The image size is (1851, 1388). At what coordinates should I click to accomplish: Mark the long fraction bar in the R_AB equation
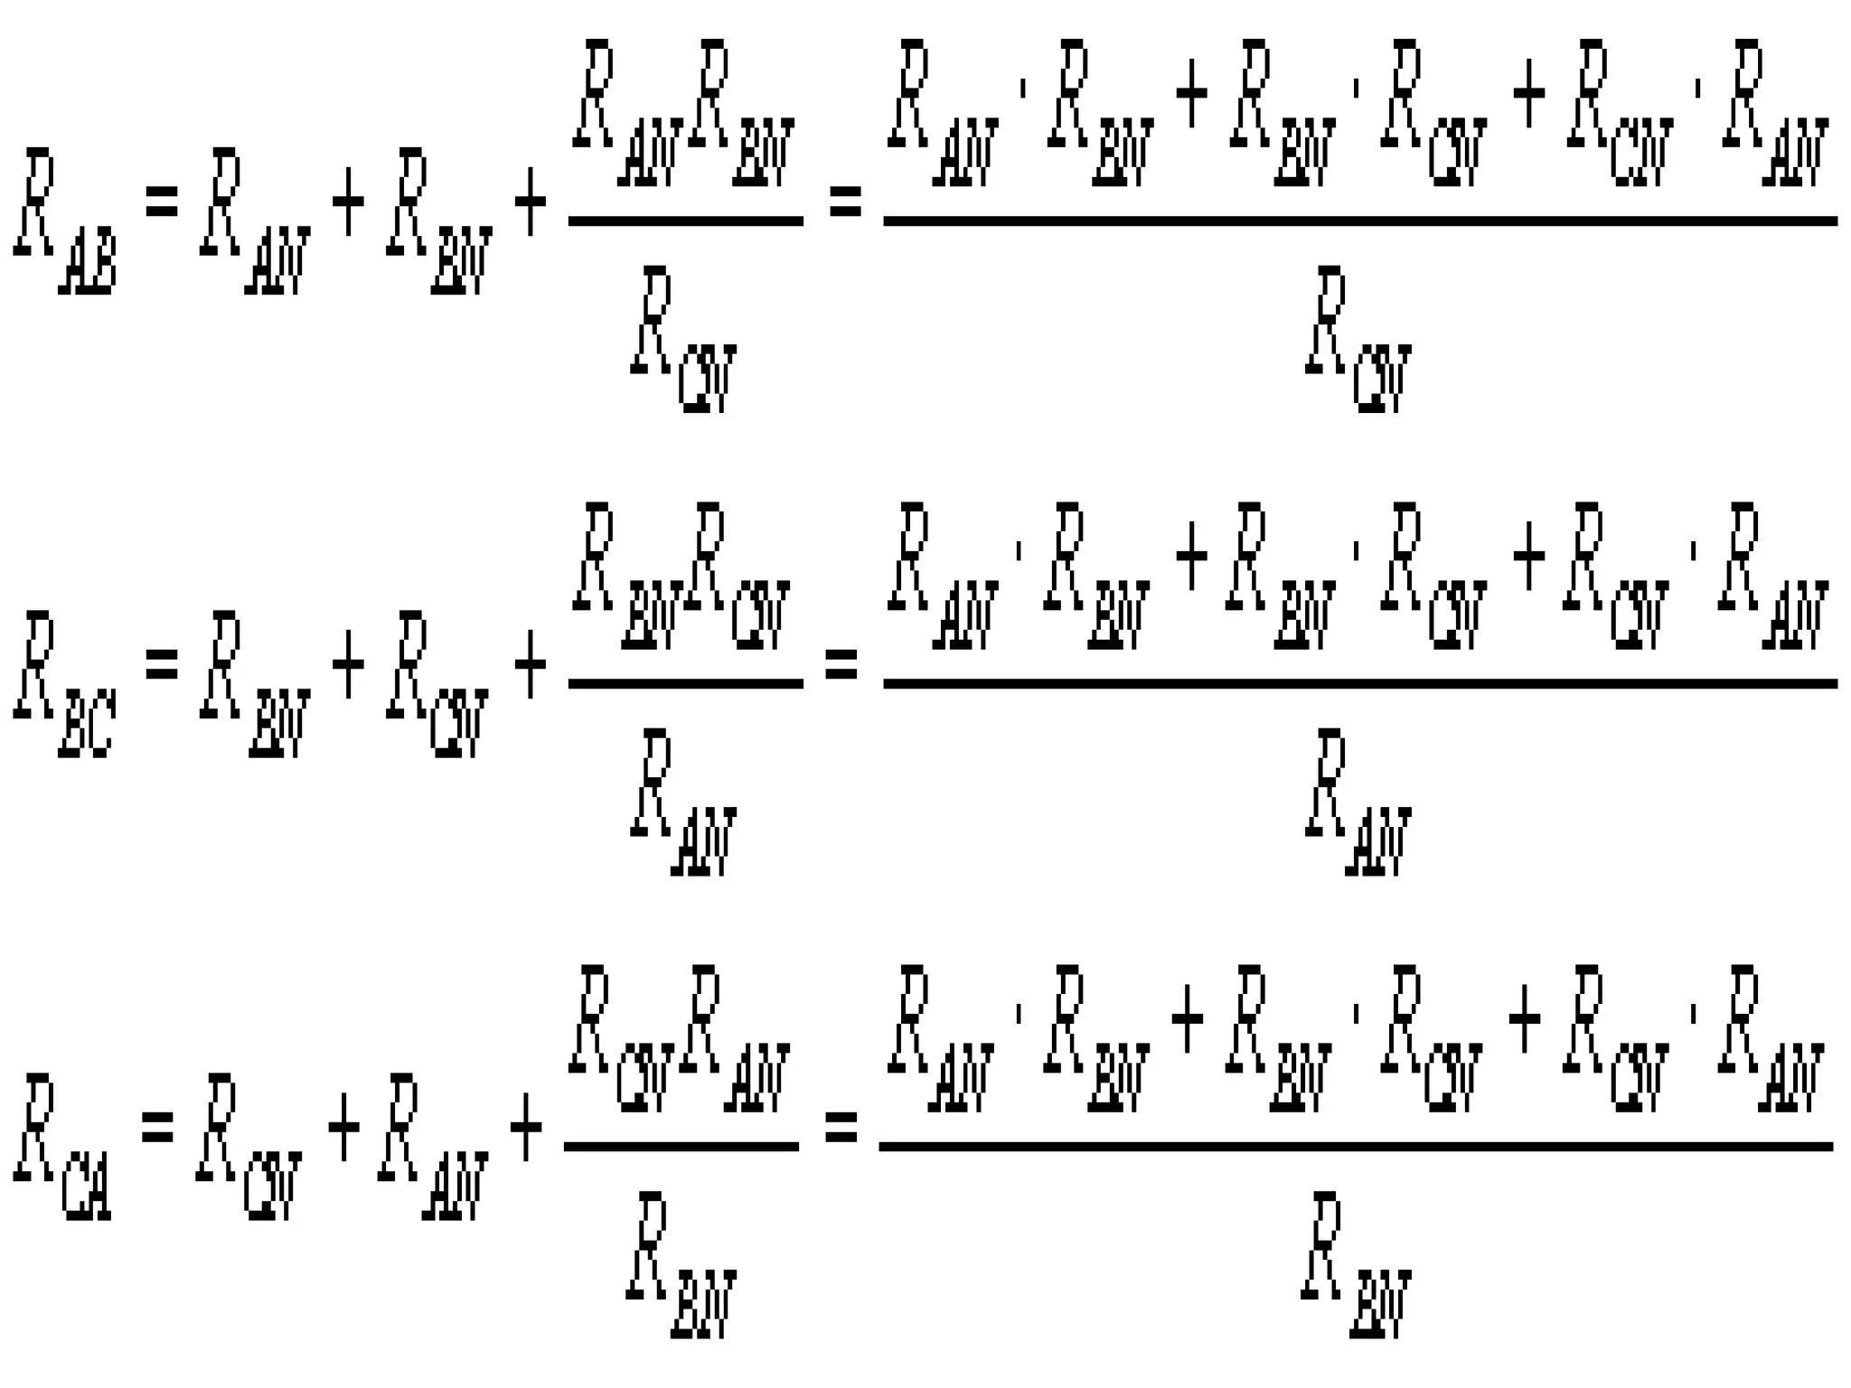pyautogui.click(x=1359, y=220)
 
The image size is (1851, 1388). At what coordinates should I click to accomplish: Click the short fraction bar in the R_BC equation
pyautogui.click(x=685, y=683)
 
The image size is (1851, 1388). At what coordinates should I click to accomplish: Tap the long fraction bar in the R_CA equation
pyautogui.click(x=1356, y=1146)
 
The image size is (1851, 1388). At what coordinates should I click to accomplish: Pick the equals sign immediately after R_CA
pyautogui.click(x=157, y=1127)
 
